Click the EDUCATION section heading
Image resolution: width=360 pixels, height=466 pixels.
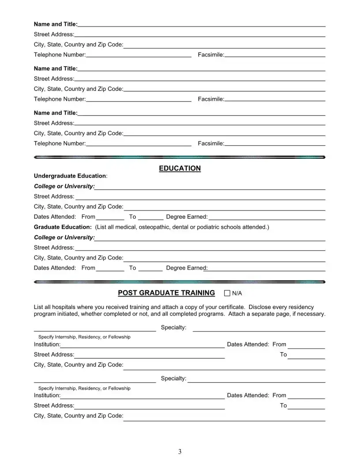pos(180,168)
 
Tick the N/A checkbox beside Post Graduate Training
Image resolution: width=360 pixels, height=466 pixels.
pos(227,293)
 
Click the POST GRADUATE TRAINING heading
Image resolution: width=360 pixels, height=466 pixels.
pos(166,293)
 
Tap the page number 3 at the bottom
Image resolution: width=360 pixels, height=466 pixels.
pos(180,451)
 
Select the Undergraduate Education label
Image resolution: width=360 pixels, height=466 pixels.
pos(70,176)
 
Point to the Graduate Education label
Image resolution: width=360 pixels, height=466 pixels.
pos(62,227)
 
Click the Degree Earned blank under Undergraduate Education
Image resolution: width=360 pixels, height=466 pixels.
pos(266,217)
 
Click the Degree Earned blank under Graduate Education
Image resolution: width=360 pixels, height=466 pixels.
pos(265,268)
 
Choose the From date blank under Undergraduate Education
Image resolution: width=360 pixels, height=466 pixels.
pos(110,217)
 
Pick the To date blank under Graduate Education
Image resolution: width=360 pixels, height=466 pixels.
pos(150,268)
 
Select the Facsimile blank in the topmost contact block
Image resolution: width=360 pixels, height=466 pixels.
pos(275,55)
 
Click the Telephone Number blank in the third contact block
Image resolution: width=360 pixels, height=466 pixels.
pos(139,144)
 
